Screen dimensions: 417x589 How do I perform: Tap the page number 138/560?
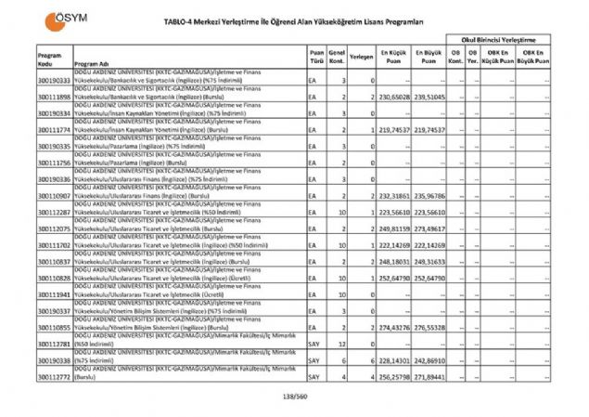[293, 399]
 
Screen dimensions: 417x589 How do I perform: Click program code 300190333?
[55, 82]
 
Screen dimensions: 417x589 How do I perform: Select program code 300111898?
[55, 97]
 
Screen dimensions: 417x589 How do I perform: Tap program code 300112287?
[55, 213]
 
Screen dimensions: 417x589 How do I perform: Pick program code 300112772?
[55, 378]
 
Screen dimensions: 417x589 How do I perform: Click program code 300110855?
[55, 329]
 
